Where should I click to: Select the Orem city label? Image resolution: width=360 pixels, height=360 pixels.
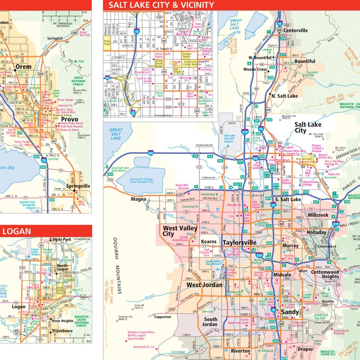pos(23,67)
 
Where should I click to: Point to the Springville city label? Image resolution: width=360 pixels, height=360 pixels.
pos(78,186)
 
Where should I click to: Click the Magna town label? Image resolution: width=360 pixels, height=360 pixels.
pos(139,199)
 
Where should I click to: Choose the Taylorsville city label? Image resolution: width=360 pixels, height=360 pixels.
pos(239,243)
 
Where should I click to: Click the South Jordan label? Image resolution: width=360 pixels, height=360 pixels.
pos(210,322)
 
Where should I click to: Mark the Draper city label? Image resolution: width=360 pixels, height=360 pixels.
pos(305,349)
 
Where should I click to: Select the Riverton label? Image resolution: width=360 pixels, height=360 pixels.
pos(240,351)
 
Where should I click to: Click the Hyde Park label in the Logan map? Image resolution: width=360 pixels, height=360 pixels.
pos(62,240)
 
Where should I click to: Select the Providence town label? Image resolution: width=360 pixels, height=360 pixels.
pos(61,331)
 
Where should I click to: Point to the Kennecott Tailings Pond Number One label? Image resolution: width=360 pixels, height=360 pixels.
pos(135,180)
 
